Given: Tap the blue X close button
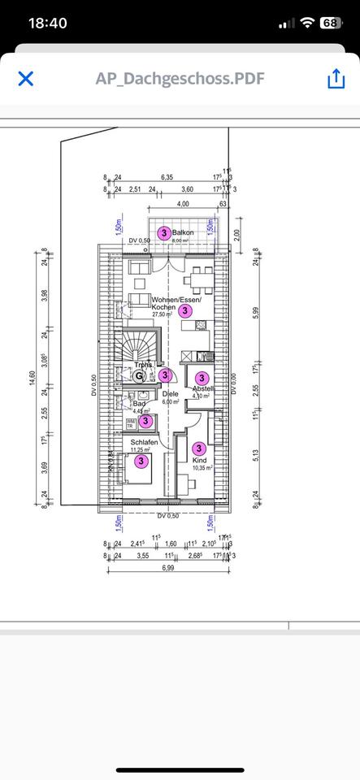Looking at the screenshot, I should (26, 78).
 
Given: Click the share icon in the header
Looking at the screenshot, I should (335, 79).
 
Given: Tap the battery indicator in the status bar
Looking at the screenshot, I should (329, 24).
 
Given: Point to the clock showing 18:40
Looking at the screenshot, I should (47, 24).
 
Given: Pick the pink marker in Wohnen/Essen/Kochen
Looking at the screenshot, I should (185, 310).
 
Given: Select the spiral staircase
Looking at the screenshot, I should (132, 349).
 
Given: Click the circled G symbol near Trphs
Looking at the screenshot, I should (140, 375).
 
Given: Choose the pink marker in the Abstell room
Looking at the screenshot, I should (202, 377).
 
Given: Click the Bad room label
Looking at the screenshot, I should (139, 404).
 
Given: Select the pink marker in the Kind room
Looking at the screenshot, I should (198, 448).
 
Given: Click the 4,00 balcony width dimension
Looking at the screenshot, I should (183, 203).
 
